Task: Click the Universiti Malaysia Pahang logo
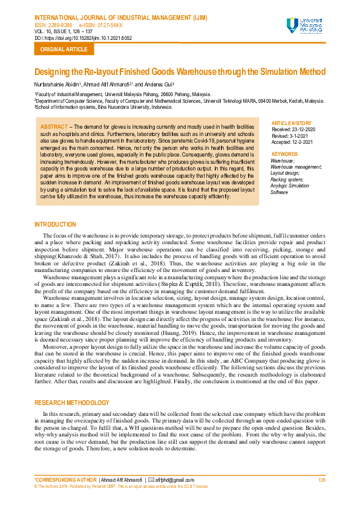coord(306,26)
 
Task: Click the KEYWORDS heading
coord(284,154)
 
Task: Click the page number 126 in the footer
coord(321,480)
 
